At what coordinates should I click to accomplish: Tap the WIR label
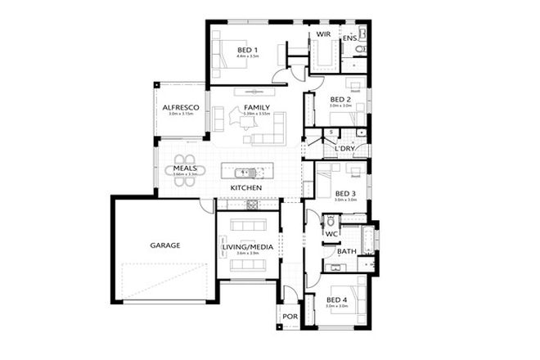(x=322, y=34)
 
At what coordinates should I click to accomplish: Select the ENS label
(x=349, y=38)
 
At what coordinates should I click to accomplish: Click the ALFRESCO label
(x=178, y=107)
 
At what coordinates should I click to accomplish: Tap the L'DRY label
(x=344, y=148)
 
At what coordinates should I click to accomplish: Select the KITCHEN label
(x=245, y=188)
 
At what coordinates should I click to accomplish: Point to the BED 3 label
(x=346, y=193)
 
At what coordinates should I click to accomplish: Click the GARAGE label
(x=164, y=245)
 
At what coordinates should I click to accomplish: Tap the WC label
(x=331, y=234)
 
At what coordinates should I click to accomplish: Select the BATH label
(x=346, y=253)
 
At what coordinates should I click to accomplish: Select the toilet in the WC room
(x=329, y=221)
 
